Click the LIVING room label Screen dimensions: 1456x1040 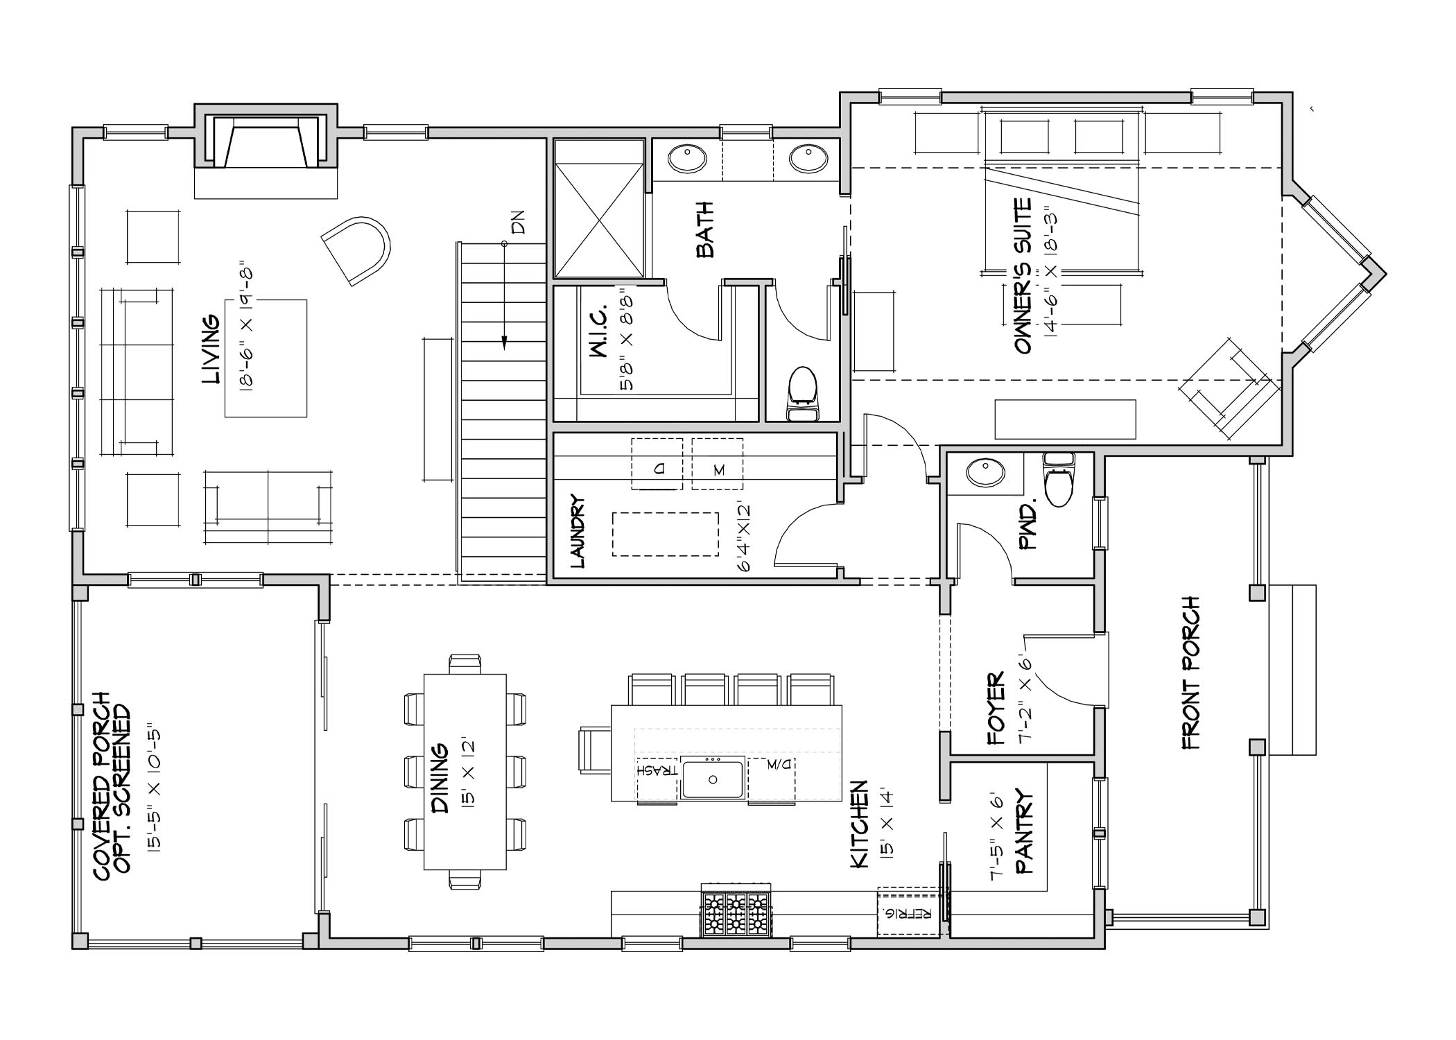click(x=211, y=350)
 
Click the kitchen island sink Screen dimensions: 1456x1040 click(x=713, y=779)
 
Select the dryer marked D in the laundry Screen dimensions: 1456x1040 click(x=657, y=464)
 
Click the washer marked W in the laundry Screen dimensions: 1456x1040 click(x=717, y=464)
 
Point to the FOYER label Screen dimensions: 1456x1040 click(x=996, y=708)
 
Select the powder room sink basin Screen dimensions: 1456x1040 click(x=985, y=473)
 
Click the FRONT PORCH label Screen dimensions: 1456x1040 click(x=1190, y=673)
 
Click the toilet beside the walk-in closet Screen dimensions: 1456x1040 click(x=803, y=394)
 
